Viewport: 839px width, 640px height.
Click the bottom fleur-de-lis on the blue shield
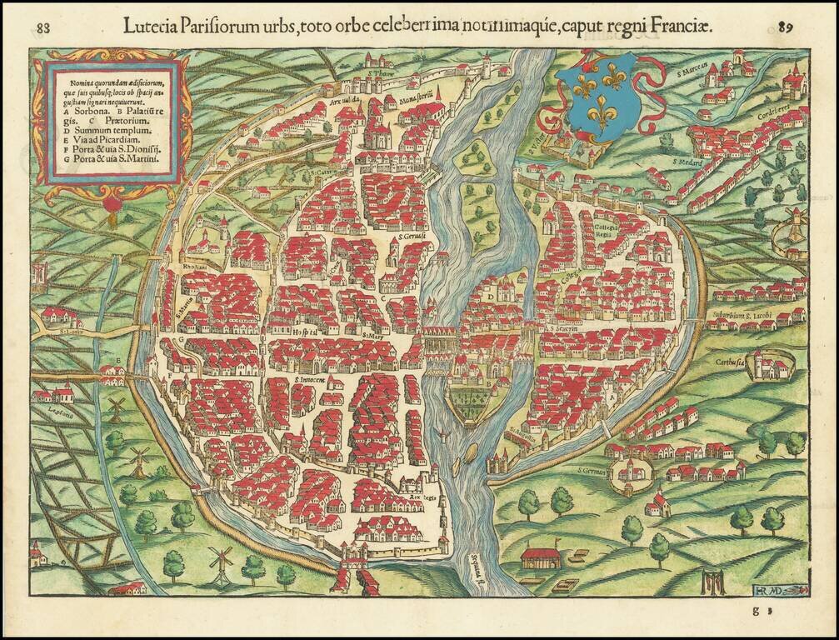[600, 111]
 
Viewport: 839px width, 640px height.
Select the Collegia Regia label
[611, 230]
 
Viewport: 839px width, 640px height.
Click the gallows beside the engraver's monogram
[709, 580]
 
